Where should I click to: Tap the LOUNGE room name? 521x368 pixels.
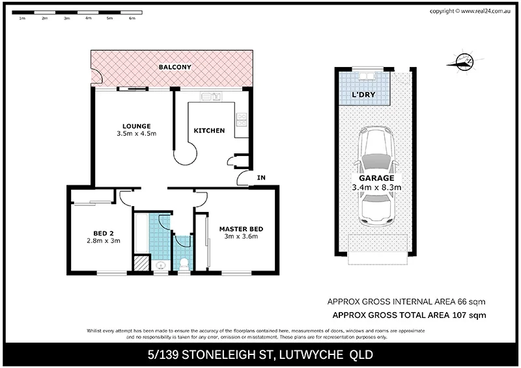click(x=137, y=126)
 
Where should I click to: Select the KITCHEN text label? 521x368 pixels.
click(x=209, y=131)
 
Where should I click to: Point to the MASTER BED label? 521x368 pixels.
click(x=241, y=228)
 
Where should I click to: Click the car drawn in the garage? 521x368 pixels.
click(x=374, y=172)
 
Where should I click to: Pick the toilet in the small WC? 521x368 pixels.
click(x=184, y=263)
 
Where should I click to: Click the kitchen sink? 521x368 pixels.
click(x=212, y=98)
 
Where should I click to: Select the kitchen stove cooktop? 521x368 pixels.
click(x=242, y=118)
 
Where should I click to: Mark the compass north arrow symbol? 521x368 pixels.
click(x=463, y=62)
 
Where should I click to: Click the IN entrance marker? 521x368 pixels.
click(x=260, y=177)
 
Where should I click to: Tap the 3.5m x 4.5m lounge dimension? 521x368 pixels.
click(x=137, y=134)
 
